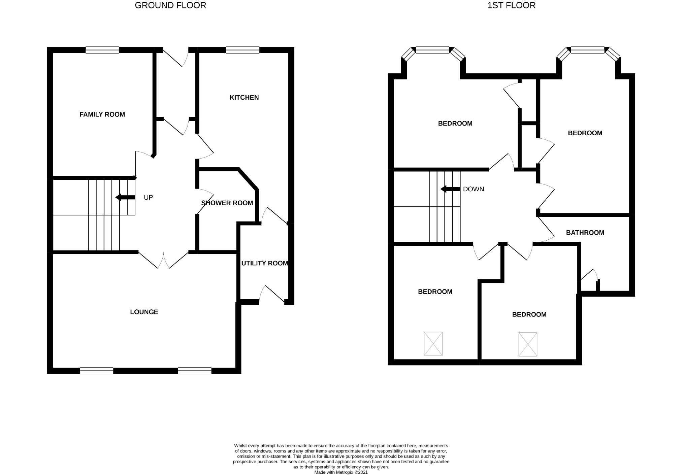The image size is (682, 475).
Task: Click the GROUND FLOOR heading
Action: (170, 5)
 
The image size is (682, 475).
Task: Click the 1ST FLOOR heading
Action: (511, 5)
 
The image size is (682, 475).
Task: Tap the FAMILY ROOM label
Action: (102, 114)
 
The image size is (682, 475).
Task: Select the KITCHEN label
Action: (244, 97)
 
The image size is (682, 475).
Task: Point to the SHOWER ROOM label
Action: (227, 203)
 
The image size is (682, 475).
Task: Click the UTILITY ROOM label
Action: (265, 263)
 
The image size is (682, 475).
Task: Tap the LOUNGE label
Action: (144, 312)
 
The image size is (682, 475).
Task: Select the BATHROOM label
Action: (585, 232)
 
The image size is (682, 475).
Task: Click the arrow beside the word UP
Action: (125, 197)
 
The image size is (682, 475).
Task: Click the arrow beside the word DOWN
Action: (450, 189)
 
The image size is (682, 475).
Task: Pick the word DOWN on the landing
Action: (474, 189)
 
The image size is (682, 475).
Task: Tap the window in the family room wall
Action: (102, 50)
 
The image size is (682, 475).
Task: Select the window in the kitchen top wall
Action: (242, 50)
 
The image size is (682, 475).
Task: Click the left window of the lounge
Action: (97, 370)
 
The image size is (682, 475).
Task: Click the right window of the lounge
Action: (195, 370)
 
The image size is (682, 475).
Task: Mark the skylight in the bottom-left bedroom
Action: (433, 343)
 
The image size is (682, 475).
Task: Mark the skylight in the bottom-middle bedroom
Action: (528, 344)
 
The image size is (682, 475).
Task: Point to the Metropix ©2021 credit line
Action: (341, 472)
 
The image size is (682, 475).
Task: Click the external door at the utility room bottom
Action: (272, 294)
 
